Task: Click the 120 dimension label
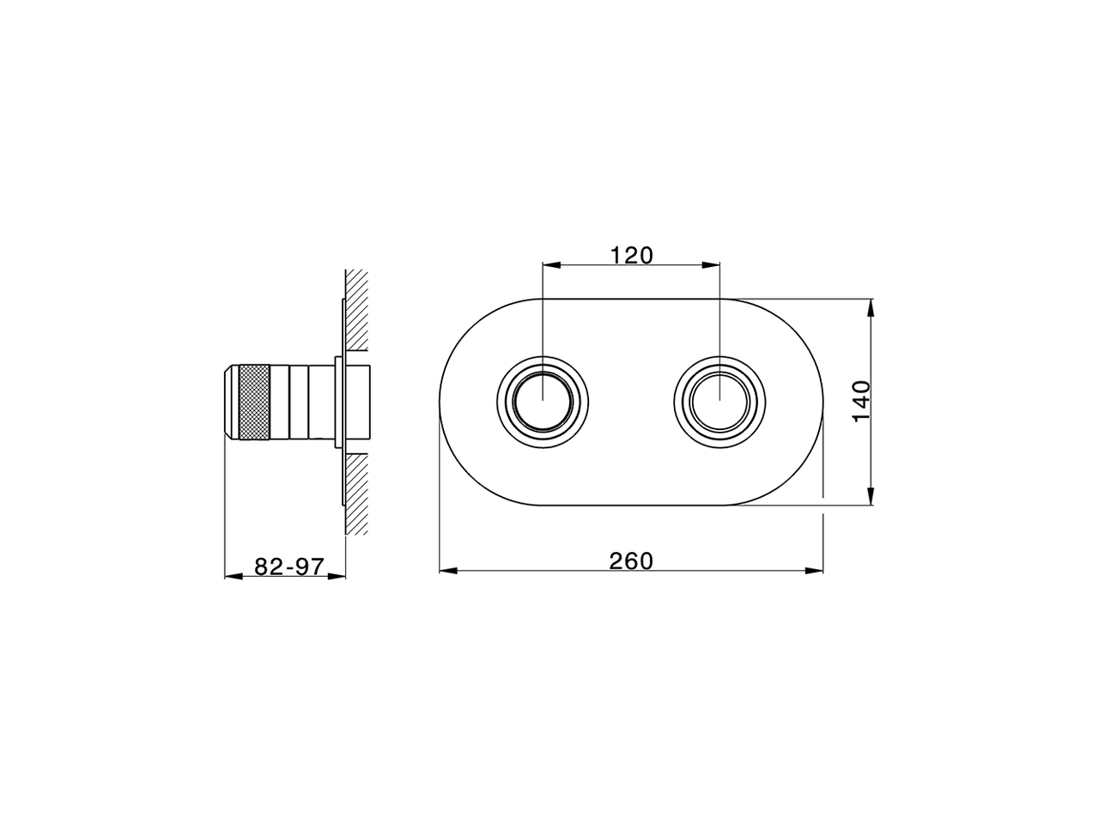point(631,256)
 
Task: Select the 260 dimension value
point(631,560)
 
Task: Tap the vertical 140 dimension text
point(862,401)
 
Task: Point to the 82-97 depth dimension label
point(289,566)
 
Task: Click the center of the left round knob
point(543,402)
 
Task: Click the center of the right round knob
point(720,402)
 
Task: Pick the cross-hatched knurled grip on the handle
point(255,403)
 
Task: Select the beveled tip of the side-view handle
point(232,403)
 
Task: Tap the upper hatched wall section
point(357,310)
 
